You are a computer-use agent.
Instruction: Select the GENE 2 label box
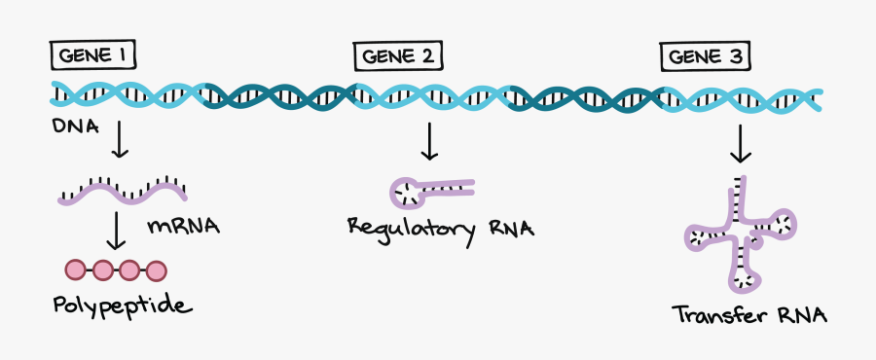[x=397, y=57]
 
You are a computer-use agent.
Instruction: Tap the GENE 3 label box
[x=707, y=57]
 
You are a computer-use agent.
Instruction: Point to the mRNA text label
[x=183, y=227]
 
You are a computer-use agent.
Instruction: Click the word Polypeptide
[x=123, y=306]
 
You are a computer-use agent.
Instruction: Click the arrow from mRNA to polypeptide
[x=119, y=231]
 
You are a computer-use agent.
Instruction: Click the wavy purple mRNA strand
[x=122, y=194]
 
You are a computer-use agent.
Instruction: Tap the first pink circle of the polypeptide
[x=76, y=270]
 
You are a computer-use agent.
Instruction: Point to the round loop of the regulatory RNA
[x=407, y=194]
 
